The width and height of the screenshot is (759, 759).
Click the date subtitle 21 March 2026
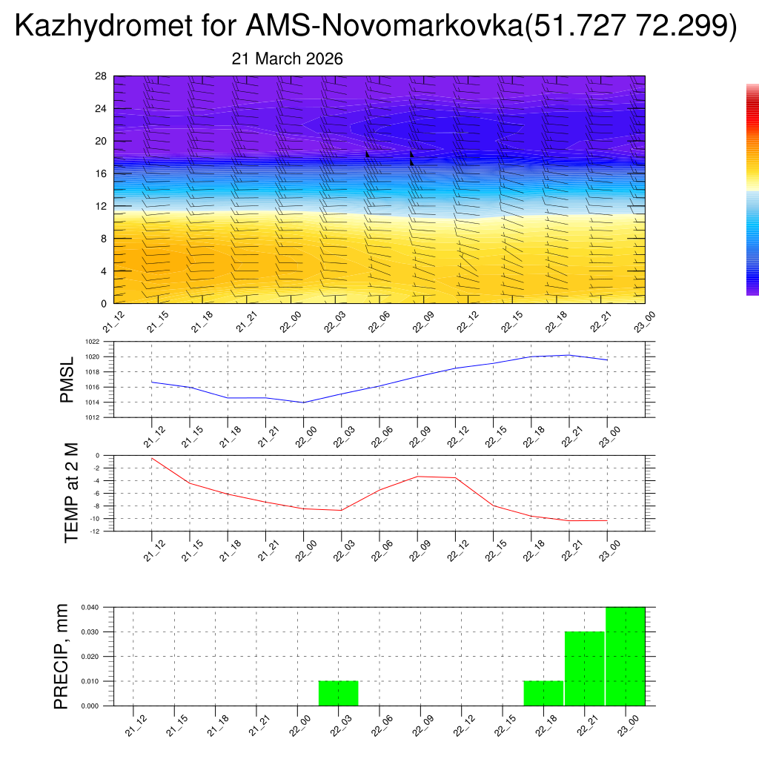tap(287, 59)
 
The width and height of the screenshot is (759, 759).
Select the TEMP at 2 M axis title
tap(72, 493)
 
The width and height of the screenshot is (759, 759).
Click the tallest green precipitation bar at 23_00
tap(625, 656)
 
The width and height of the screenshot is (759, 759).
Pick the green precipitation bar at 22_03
tap(339, 693)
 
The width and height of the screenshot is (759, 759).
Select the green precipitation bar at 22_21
tap(585, 669)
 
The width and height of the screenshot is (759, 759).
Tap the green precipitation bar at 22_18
tap(543, 693)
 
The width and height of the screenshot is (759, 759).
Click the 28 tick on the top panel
tap(101, 76)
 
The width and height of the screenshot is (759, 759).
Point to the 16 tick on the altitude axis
tap(101, 173)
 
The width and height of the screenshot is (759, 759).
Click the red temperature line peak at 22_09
tap(418, 476)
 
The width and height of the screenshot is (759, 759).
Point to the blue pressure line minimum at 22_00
tap(304, 402)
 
